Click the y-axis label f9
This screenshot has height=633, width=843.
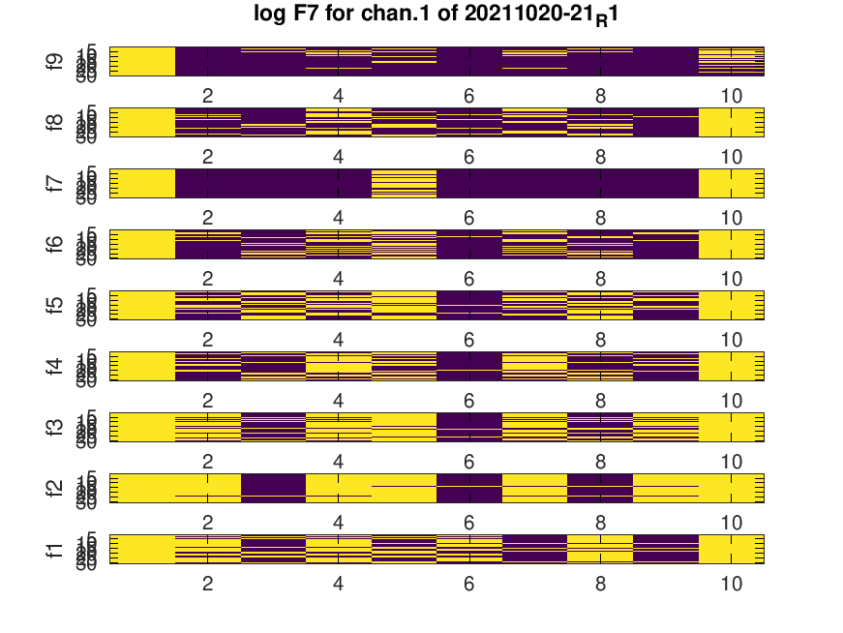click(54, 62)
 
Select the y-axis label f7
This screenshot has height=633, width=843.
click(54, 184)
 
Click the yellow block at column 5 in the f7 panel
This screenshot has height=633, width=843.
click(404, 184)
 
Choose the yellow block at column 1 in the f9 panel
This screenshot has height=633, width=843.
click(142, 61)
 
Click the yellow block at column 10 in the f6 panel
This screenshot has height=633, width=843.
click(731, 244)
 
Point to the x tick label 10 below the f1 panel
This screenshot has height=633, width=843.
click(731, 585)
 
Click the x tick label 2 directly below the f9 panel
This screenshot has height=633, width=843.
click(207, 97)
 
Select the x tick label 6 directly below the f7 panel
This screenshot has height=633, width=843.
click(469, 219)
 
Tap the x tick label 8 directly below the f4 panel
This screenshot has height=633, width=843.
click(600, 402)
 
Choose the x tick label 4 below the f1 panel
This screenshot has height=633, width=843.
click(339, 585)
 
